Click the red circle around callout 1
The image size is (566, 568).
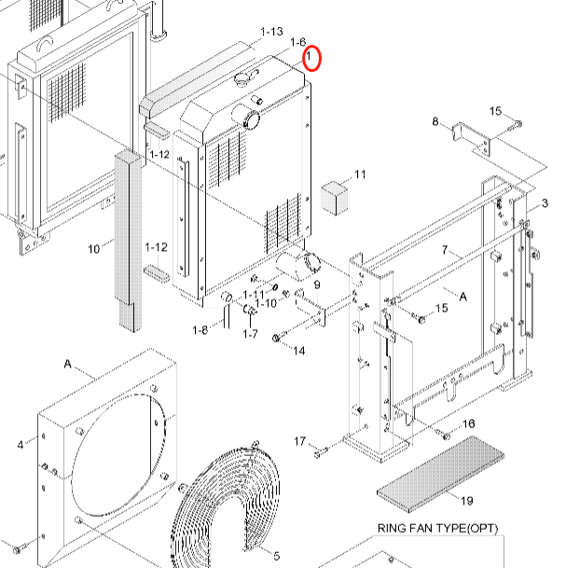[312, 58]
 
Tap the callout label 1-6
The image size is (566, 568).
[297, 42]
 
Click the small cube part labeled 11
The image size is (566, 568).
[333, 197]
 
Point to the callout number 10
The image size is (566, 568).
[93, 248]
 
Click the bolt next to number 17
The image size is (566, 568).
[321, 452]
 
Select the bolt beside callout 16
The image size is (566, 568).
[446, 436]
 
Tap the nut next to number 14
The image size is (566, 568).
[276, 338]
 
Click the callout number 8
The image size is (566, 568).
[435, 121]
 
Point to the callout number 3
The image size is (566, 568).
[545, 203]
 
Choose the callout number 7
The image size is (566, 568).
[446, 251]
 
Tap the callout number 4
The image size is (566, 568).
[21, 445]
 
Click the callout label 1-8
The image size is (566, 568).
[200, 330]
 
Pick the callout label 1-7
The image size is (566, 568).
[250, 333]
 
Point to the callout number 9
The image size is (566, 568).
[316, 284]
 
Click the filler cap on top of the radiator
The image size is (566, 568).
[249, 78]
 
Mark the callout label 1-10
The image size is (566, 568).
[267, 302]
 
